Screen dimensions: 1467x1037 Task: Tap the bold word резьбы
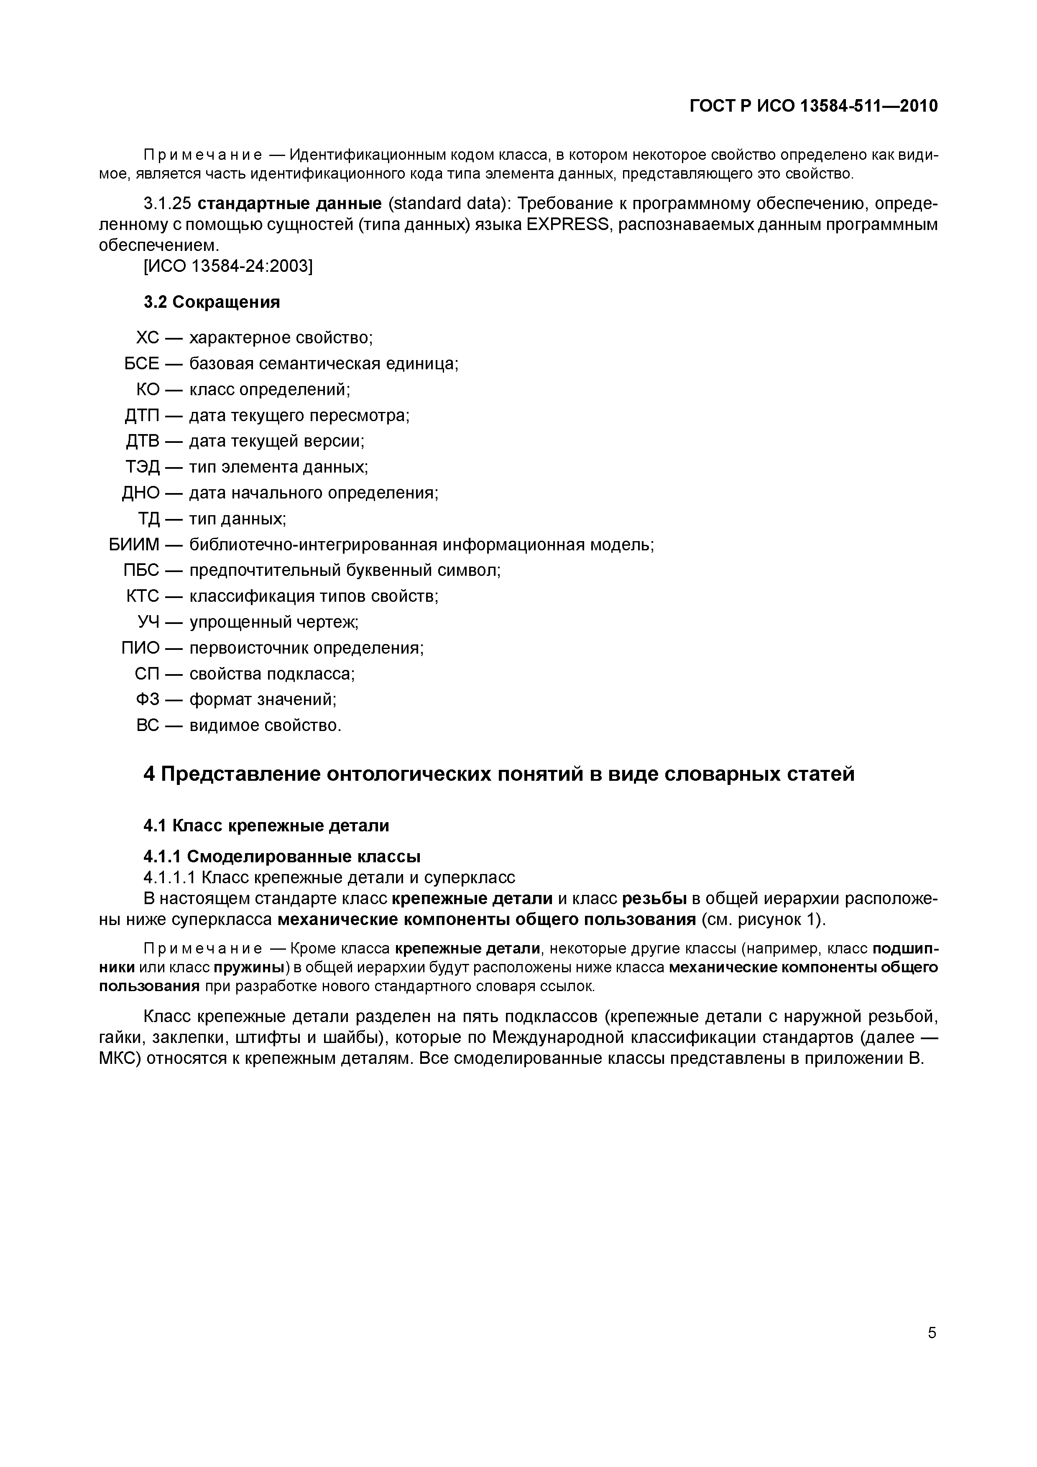(x=654, y=898)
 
